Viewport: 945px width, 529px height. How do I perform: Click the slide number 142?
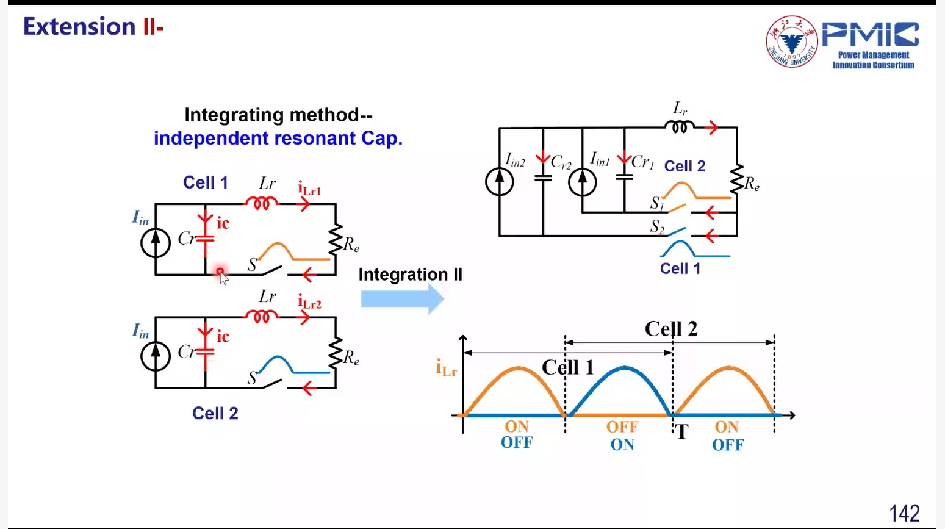tap(904, 513)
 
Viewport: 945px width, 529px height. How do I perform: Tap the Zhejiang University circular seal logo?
tap(792, 41)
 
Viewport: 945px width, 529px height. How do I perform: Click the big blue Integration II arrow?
tap(403, 299)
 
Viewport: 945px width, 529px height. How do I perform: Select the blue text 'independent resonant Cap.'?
tap(278, 139)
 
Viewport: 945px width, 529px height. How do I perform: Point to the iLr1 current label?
tap(309, 189)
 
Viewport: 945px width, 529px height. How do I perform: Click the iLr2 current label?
tap(309, 302)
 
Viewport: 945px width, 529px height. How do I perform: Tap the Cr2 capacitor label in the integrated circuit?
tap(561, 162)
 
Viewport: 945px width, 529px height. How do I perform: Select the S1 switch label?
tap(657, 203)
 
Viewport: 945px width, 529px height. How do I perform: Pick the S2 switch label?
tap(657, 226)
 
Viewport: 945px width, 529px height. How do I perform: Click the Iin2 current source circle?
tap(499, 182)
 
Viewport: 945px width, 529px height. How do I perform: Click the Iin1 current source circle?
tap(582, 182)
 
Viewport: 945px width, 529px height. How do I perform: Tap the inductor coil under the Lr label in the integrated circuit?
tap(679, 126)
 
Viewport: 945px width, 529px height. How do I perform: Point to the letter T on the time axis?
tap(681, 431)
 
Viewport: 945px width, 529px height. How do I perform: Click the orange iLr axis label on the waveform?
tap(447, 368)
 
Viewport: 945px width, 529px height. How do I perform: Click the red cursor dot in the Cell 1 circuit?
tap(220, 272)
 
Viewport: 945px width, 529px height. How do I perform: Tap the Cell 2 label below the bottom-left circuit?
tap(215, 414)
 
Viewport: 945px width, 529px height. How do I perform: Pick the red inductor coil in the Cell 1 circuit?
tap(261, 203)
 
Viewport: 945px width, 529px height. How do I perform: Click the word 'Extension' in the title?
tap(79, 27)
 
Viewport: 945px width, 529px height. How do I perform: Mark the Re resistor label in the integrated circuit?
tap(752, 184)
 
